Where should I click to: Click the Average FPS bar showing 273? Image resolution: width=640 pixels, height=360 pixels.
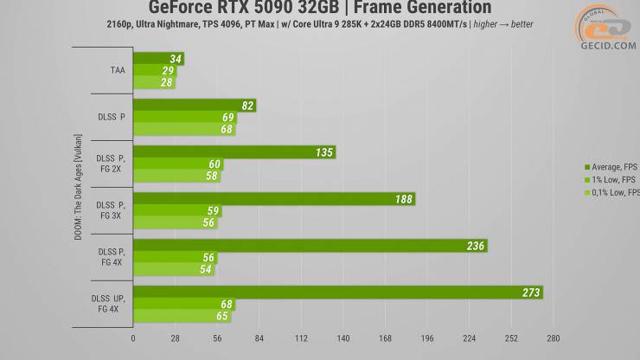[337, 292]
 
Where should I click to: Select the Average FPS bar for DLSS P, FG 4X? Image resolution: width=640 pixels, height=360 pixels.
[310, 246]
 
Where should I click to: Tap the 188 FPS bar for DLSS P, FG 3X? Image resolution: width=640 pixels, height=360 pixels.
[273, 199]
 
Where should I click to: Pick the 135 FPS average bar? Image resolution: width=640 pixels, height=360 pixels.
[234, 152]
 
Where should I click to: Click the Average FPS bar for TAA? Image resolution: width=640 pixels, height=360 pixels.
[158, 60]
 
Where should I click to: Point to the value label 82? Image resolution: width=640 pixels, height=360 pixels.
[247, 106]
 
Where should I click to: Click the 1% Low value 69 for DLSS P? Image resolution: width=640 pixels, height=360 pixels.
[228, 118]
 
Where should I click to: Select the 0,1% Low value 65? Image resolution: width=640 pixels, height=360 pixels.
[222, 317]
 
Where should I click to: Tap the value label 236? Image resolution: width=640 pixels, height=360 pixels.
[475, 246]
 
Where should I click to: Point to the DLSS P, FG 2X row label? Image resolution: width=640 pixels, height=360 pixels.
[111, 164]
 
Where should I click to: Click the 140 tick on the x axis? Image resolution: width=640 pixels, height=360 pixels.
[343, 338]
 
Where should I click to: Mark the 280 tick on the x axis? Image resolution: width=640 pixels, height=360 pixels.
[554, 338]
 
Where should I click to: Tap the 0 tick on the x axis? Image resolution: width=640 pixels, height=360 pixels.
[133, 338]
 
